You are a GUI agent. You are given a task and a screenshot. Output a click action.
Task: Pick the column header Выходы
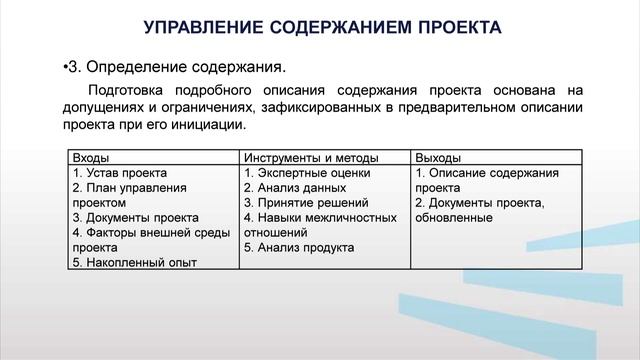(437, 157)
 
